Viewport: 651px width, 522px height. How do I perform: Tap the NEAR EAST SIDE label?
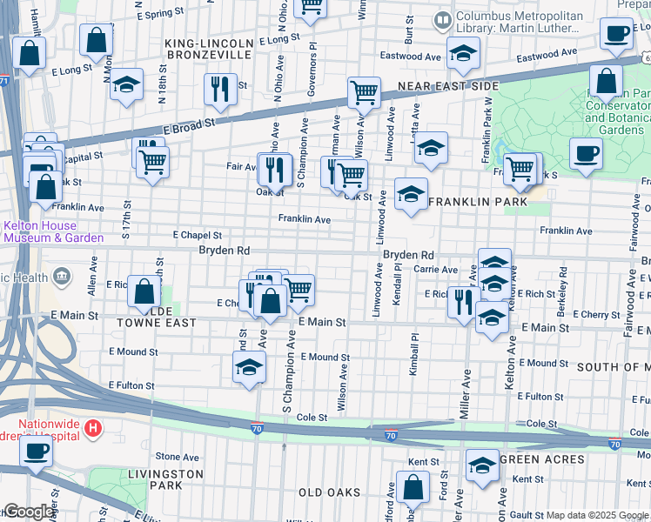pos(448,86)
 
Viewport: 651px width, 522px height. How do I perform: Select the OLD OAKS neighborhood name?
pos(329,492)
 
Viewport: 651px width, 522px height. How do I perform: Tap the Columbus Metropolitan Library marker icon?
pos(444,18)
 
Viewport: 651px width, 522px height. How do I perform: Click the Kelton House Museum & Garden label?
pos(52,231)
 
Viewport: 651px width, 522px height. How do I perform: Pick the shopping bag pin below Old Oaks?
pos(413,490)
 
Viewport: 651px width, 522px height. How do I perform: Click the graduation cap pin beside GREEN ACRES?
pos(482,466)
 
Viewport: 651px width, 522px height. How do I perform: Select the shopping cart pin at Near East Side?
pos(363,91)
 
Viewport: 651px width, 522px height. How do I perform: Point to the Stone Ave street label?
pos(177,456)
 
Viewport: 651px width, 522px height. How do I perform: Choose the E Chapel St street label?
pos(197,235)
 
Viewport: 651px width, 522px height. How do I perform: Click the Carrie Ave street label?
pos(435,270)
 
